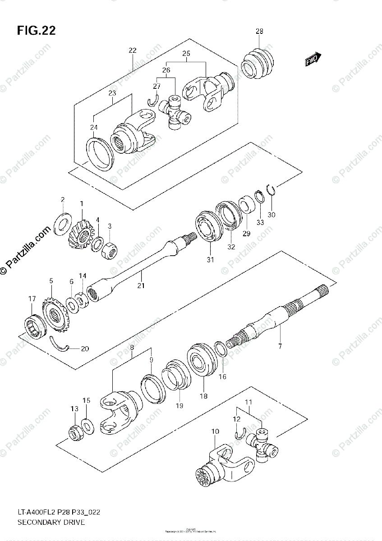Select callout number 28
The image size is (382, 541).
click(259, 32)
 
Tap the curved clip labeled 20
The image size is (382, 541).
click(59, 344)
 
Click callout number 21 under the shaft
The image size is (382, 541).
click(141, 285)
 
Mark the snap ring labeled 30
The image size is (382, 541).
click(272, 191)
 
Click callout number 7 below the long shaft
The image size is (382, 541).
click(280, 346)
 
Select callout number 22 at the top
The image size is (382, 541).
click(132, 50)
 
